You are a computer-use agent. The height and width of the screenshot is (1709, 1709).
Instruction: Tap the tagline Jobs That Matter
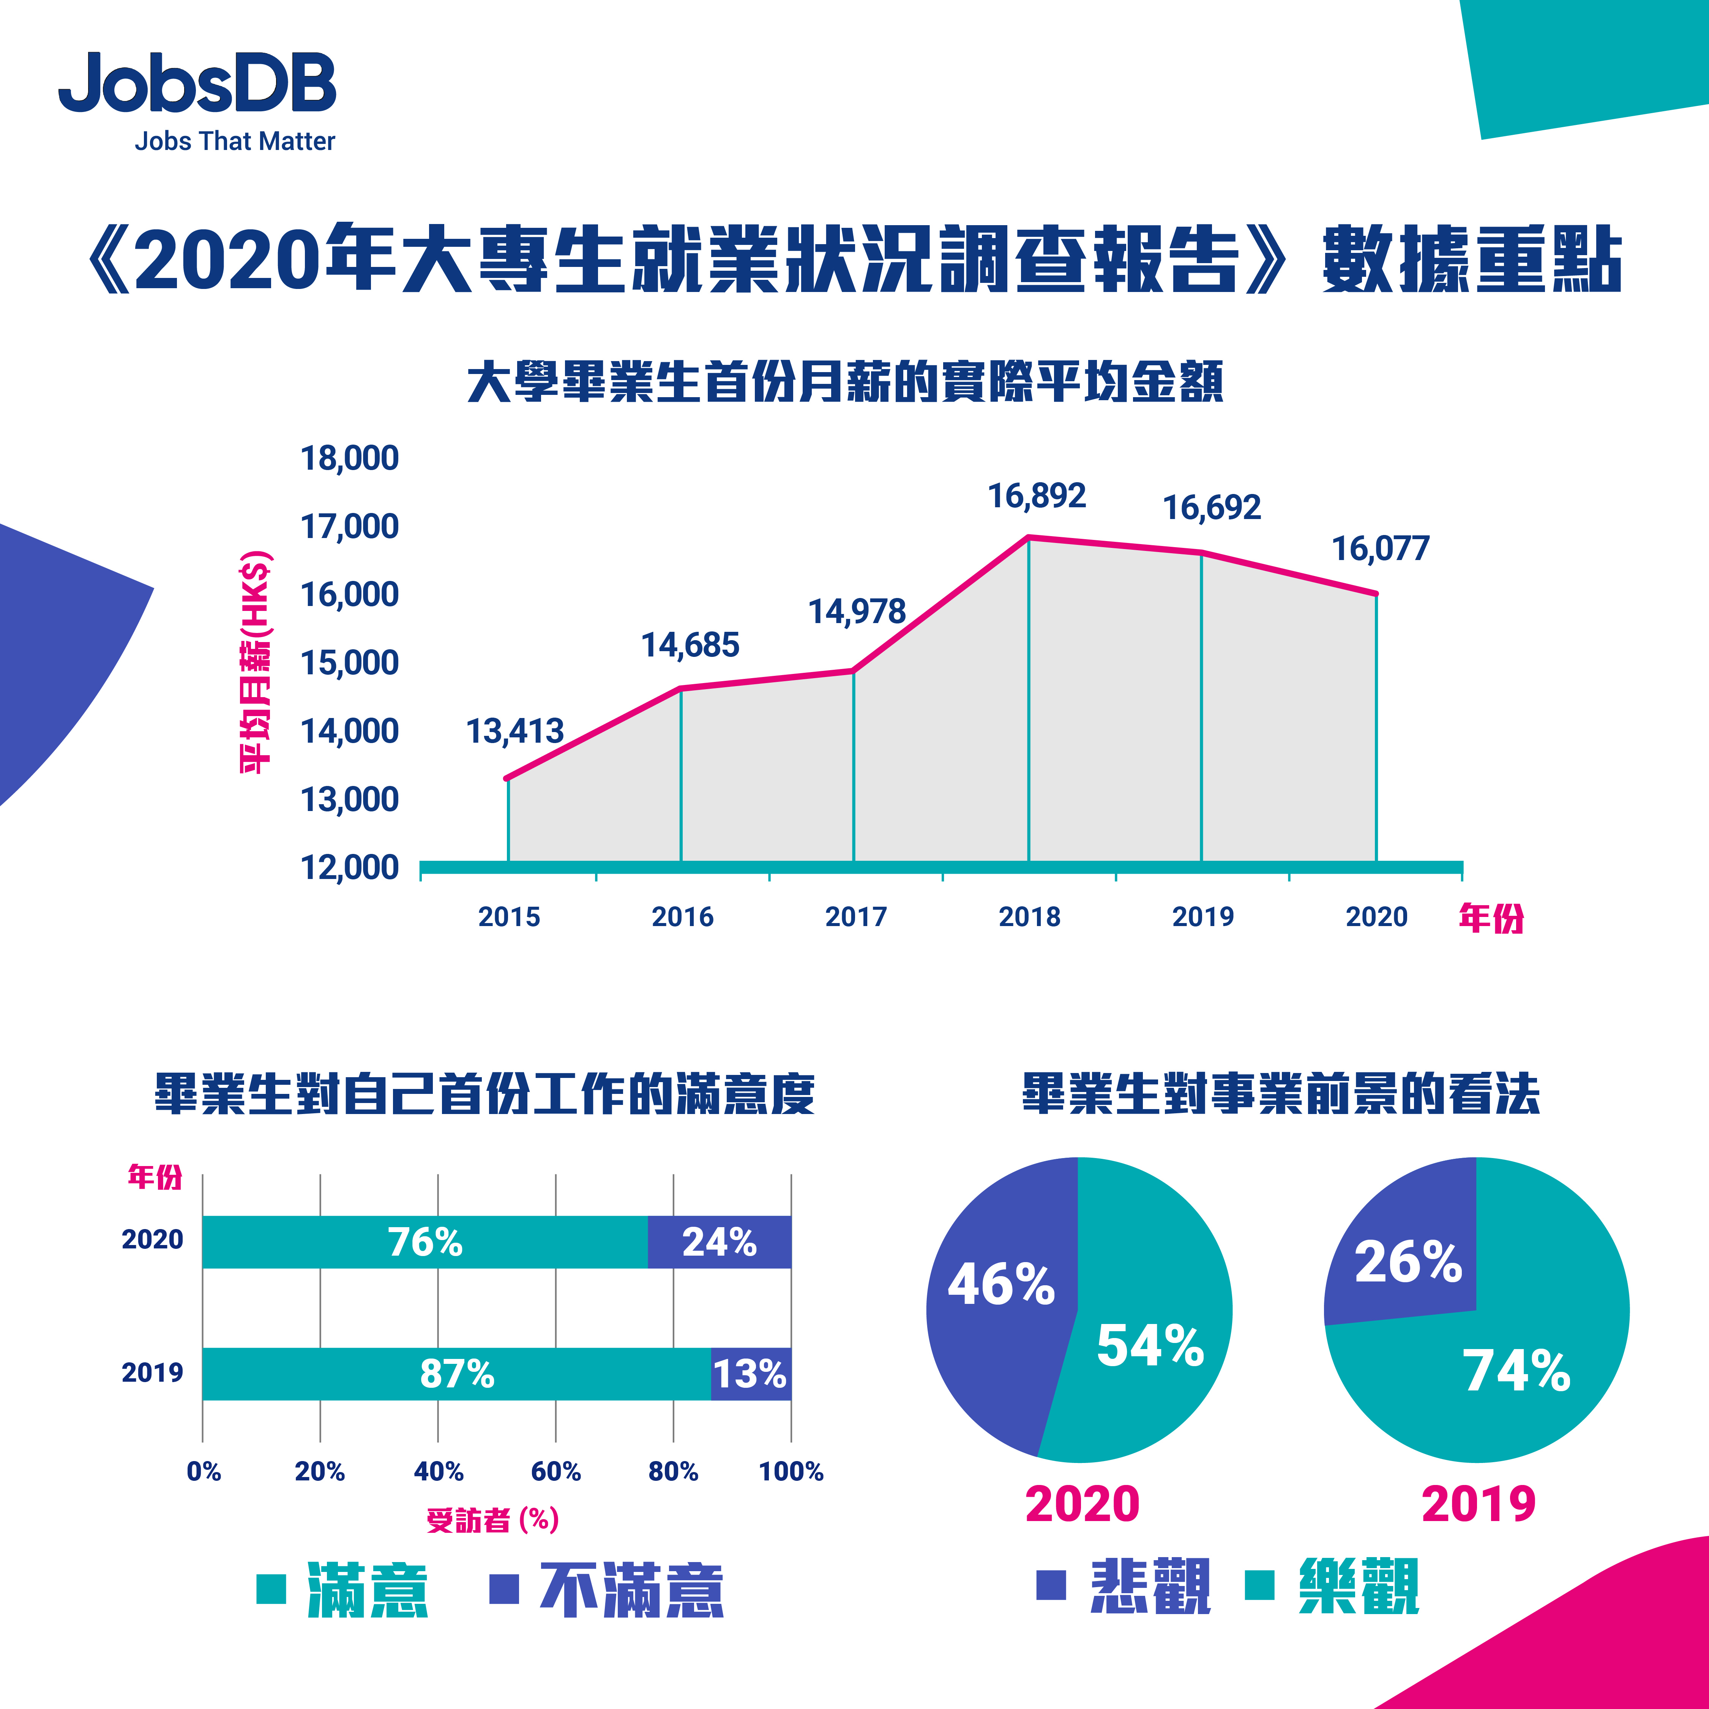(x=234, y=142)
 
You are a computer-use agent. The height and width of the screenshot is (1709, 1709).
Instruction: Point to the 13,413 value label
(x=515, y=732)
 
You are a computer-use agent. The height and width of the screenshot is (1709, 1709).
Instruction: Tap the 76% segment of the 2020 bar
(x=424, y=1242)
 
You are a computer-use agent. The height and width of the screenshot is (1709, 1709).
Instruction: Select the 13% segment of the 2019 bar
(x=750, y=1374)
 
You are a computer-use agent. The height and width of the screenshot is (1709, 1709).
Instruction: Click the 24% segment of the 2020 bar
(x=719, y=1242)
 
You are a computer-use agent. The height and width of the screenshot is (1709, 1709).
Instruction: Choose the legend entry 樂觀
(x=1358, y=1586)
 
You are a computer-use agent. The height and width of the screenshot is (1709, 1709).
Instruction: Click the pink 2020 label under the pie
(x=1082, y=1504)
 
